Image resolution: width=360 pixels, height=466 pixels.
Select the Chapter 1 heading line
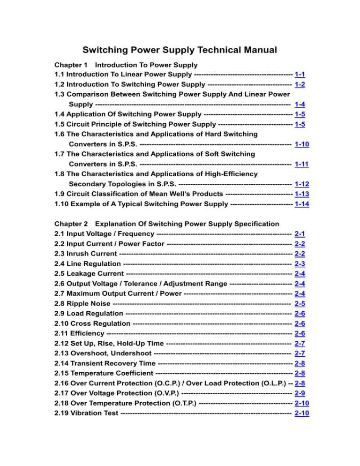126,65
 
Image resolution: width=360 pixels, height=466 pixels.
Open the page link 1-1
300,75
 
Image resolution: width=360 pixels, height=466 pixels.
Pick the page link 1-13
302,194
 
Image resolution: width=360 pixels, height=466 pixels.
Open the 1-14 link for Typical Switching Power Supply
302,204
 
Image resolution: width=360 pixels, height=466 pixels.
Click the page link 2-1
300,233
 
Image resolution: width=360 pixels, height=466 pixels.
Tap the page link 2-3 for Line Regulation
300,263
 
